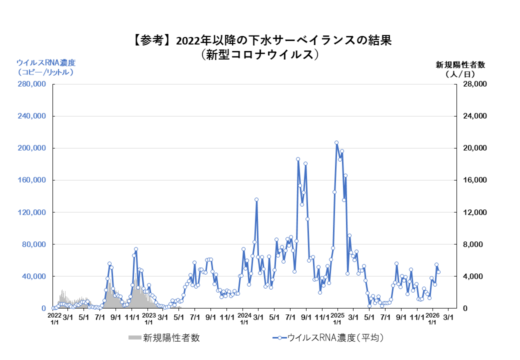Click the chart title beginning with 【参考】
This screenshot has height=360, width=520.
pos(259,40)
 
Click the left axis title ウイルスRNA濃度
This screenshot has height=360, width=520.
pos(45,63)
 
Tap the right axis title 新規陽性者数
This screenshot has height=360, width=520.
pos(460,64)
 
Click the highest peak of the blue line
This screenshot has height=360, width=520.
pos(336,142)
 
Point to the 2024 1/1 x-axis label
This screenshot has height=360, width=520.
pos(244,319)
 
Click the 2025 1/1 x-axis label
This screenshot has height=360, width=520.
pos(338,319)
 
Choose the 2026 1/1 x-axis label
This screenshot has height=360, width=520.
pos(432,319)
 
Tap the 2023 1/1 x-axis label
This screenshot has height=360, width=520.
pos(149,319)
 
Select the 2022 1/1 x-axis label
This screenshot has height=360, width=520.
pos(54,319)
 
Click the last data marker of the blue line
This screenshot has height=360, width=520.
pos(438,272)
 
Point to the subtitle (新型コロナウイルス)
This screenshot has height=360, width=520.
pos(259,54)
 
